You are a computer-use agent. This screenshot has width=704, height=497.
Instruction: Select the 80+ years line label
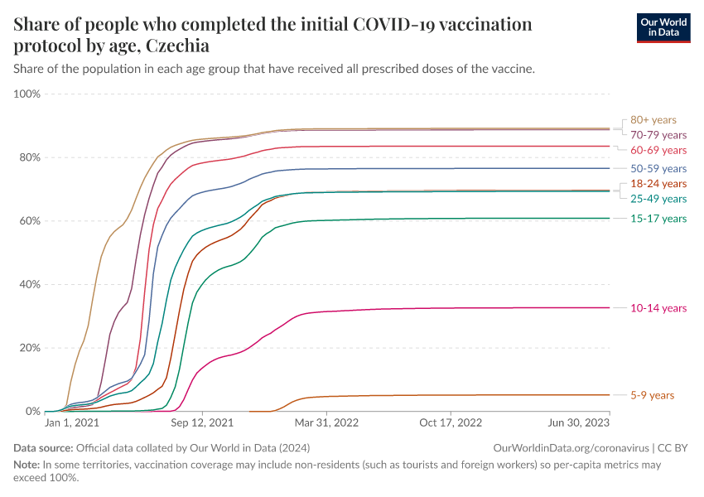pyautogui.click(x=653, y=120)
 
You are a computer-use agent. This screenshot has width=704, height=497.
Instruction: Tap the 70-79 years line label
pyautogui.click(x=658, y=135)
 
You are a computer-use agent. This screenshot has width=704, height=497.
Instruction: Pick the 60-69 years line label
pyautogui.click(x=658, y=150)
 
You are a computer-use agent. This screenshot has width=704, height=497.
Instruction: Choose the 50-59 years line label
pyautogui.click(x=658, y=168)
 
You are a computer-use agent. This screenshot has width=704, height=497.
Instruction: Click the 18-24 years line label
pyautogui.click(x=658, y=183)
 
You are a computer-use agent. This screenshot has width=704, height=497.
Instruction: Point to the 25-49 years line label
pyautogui.click(x=658, y=199)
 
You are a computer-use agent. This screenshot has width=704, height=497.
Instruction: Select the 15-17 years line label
pyautogui.click(x=658, y=219)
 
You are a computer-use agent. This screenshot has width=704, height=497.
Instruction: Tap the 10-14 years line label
pyautogui.click(x=658, y=308)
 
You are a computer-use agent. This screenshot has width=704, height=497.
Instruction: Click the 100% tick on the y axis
pyautogui.click(x=27, y=94)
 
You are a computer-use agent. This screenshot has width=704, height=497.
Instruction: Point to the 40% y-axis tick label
pyautogui.click(x=30, y=285)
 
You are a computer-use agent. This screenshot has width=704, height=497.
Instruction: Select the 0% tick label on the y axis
pyautogui.click(x=32, y=412)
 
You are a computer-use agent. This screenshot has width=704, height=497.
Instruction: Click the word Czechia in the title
pyautogui.click(x=177, y=46)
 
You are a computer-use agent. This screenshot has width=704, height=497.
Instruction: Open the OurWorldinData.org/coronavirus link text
pyautogui.click(x=571, y=447)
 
